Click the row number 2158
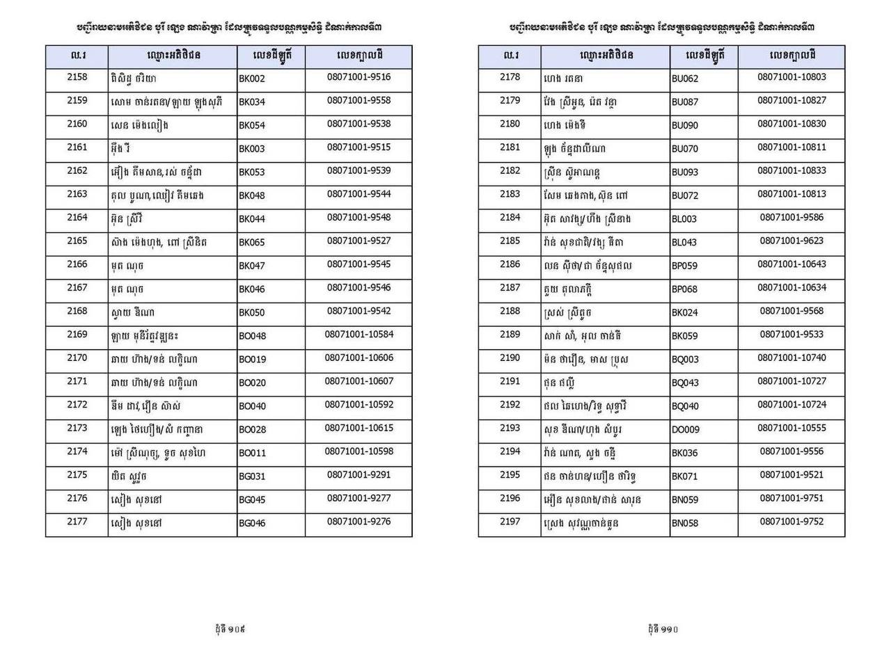pos(77,77)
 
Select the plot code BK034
pos(252,102)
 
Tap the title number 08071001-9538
pos(358,124)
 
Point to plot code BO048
pos(252,336)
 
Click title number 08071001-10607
pos(358,381)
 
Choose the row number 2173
pos(77,428)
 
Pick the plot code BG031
pos(252,476)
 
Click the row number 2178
pos(510,77)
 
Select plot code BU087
pos(685,102)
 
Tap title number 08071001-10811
pos(791,147)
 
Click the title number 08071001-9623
pos(791,241)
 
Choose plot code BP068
pos(685,289)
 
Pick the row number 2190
pos(510,357)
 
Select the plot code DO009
pos(686,430)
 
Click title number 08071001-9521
pos(791,475)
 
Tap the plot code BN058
pos(685,524)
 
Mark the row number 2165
pos(77,241)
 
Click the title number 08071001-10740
pos(791,357)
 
